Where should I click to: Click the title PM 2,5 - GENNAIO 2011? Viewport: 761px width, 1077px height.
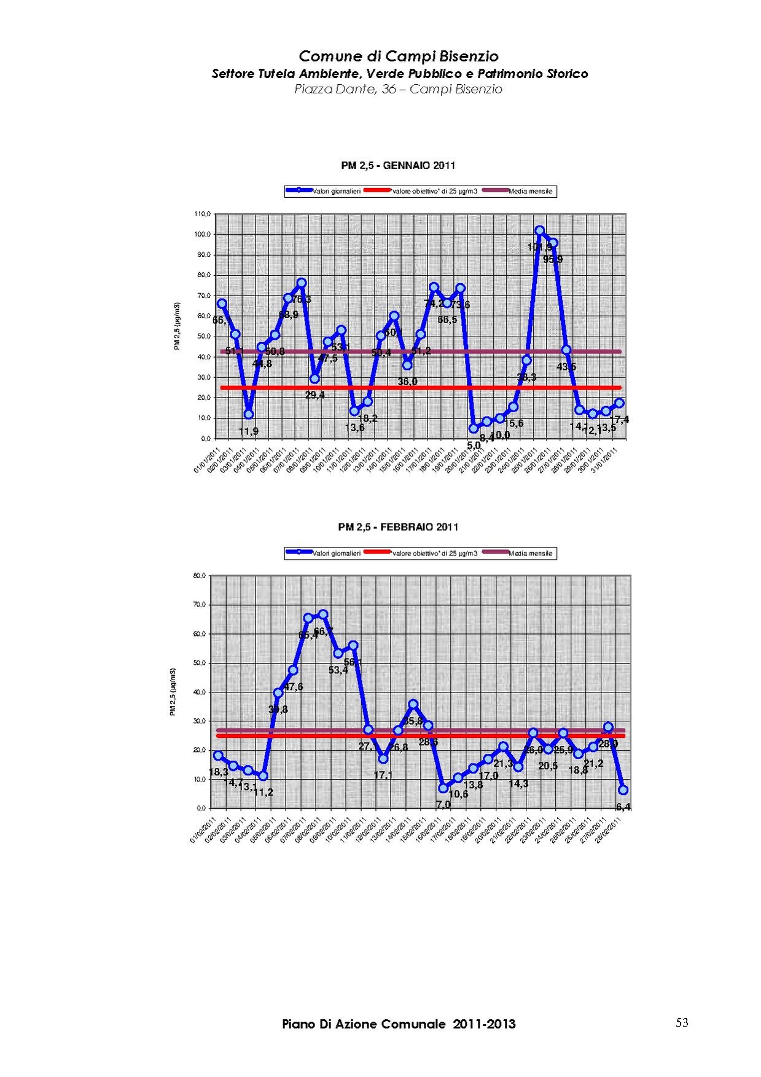pyautogui.click(x=397, y=165)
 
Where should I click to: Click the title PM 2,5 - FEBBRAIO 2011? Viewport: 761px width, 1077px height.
pyautogui.click(x=398, y=527)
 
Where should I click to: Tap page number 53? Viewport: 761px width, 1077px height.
pyautogui.click(x=682, y=1022)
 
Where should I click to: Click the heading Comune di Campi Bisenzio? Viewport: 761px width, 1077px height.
pyautogui.click(x=399, y=57)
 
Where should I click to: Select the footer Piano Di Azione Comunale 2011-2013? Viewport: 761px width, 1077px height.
pyautogui.click(x=399, y=1024)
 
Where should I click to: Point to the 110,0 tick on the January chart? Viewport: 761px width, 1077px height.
pyautogui.click(x=203, y=214)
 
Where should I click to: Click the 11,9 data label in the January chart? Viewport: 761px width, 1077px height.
pyautogui.click(x=248, y=432)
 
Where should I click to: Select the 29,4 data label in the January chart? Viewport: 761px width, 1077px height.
pyautogui.click(x=315, y=395)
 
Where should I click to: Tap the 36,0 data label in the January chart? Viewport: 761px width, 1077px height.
pyautogui.click(x=407, y=382)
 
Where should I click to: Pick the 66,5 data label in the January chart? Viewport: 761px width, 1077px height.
pyautogui.click(x=447, y=319)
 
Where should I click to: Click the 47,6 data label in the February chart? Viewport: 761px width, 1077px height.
pyautogui.click(x=293, y=687)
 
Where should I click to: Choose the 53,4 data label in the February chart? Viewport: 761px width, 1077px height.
pyautogui.click(x=338, y=670)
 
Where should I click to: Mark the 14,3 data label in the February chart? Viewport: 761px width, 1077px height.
pyautogui.click(x=518, y=784)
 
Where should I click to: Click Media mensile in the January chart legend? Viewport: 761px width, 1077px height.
pyautogui.click(x=530, y=191)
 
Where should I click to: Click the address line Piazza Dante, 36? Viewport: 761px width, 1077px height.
pyautogui.click(x=398, y=89)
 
